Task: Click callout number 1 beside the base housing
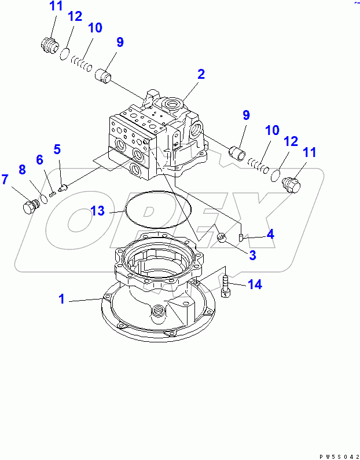[x=61, y=299]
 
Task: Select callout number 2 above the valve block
[x=200, y=74]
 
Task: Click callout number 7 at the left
[x=5, y=179]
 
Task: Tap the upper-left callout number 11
[x=56, y=8]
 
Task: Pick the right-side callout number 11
[x=310, y=153]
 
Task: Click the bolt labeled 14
[x=226, y=286]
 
